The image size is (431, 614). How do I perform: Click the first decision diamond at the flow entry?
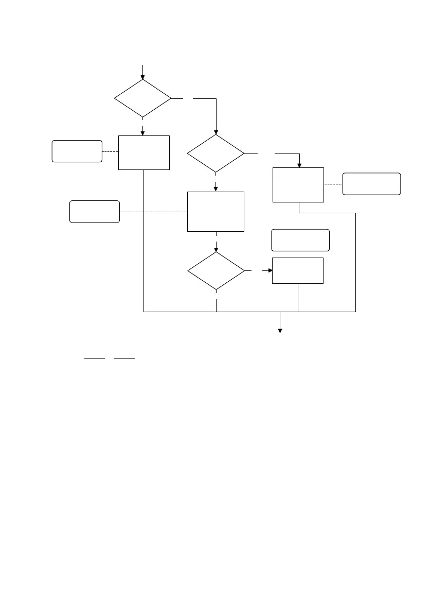click(142, 98)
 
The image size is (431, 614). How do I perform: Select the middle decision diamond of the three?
click(215, 153)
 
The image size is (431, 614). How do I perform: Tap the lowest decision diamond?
click(215, 270)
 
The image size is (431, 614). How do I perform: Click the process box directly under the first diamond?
click(144, 152)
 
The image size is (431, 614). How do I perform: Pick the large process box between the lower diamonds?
click(215, 211)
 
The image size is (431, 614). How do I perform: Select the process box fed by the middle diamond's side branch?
click(298, 184)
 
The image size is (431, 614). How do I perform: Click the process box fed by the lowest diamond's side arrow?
click(298, 270)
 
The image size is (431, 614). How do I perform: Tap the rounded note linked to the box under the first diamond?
click(77, 151)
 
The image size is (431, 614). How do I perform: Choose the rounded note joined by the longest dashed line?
click(95, 211)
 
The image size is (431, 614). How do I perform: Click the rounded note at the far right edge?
click(371, 184)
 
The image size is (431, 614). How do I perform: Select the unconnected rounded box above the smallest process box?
click(300, 240)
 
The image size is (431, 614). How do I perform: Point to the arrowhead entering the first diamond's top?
click(142, 76)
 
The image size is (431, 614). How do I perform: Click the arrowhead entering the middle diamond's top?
click(215, 131)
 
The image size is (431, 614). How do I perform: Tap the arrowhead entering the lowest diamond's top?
click(215, 248)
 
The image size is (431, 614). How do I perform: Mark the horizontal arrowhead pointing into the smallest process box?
click(269, 270)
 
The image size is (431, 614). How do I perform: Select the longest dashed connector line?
click(153, 212)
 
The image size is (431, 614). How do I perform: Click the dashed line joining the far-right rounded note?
click(333, 184)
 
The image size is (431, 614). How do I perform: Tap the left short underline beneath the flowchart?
click(95, 356)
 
